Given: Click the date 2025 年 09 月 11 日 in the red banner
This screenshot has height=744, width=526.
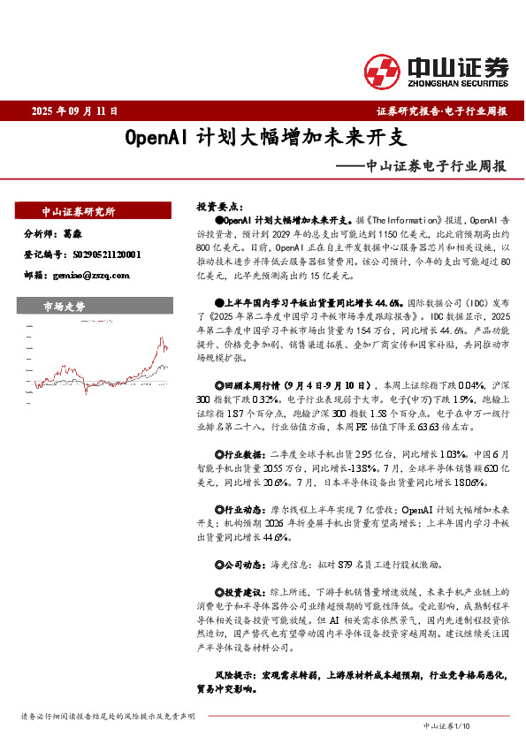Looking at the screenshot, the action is pos(74,111).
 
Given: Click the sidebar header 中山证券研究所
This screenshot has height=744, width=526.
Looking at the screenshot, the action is pos(79,212).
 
